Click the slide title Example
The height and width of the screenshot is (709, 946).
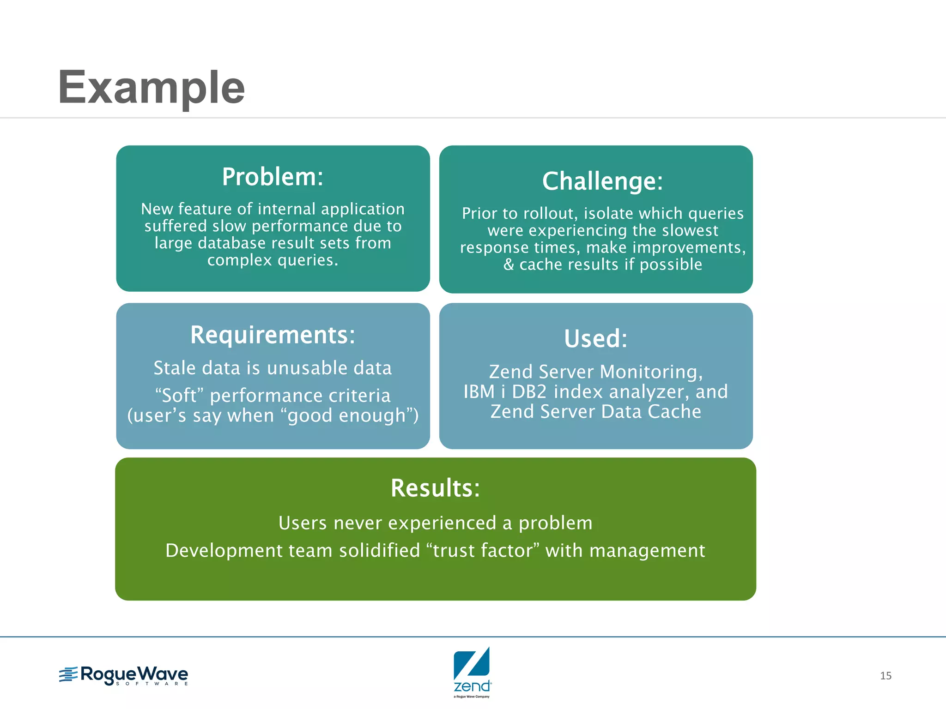pos(152,88)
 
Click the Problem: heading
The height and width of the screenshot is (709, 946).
pos(273,177)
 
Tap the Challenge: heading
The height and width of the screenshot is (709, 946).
pos(602,181)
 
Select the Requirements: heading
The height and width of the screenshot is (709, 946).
pos(273,335)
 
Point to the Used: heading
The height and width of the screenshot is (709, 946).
pos(596,338)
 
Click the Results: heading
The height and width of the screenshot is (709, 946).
pos(435,488)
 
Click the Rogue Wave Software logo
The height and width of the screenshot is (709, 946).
pos(124,675)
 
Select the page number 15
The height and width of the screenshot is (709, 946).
pos(885,676)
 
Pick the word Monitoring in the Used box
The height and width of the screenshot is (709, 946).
pos(650,372)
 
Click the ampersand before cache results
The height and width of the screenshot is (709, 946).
pos(508,265)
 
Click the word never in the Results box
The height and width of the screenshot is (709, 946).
pos(358,523)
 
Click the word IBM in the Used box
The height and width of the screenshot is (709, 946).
pos(479,392)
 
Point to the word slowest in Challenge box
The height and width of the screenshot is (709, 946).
pos(689,230)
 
